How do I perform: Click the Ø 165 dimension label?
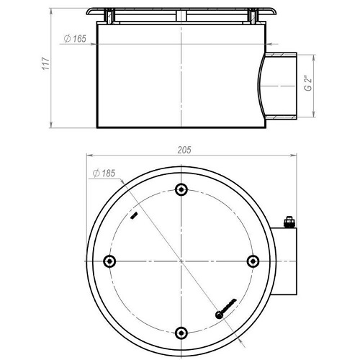pos(75,39)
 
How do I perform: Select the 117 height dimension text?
pos(46,63)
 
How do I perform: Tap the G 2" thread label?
pos(308,84)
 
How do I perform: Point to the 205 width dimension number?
pos(184,150)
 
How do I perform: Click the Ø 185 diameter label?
pos(104,174)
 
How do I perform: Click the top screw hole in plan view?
pos(181,189)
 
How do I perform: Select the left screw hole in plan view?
pos(109,261)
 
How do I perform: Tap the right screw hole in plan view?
pos(253,261)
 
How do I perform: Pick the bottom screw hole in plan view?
pos(181,333)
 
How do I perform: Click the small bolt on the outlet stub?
pos(289,222)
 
